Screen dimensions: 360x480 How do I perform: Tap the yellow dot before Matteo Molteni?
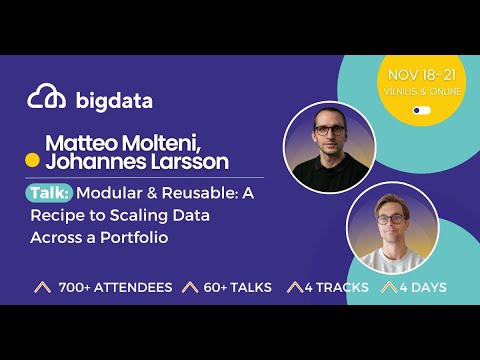[x=32, y=159]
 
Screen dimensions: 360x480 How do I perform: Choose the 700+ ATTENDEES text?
[x=115, y=288]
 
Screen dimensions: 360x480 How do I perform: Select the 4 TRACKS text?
[x=337, y=288]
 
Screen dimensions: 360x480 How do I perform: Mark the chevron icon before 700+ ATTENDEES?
[x=42, y=288]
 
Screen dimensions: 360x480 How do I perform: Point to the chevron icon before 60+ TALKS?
[x=190, y=288]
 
